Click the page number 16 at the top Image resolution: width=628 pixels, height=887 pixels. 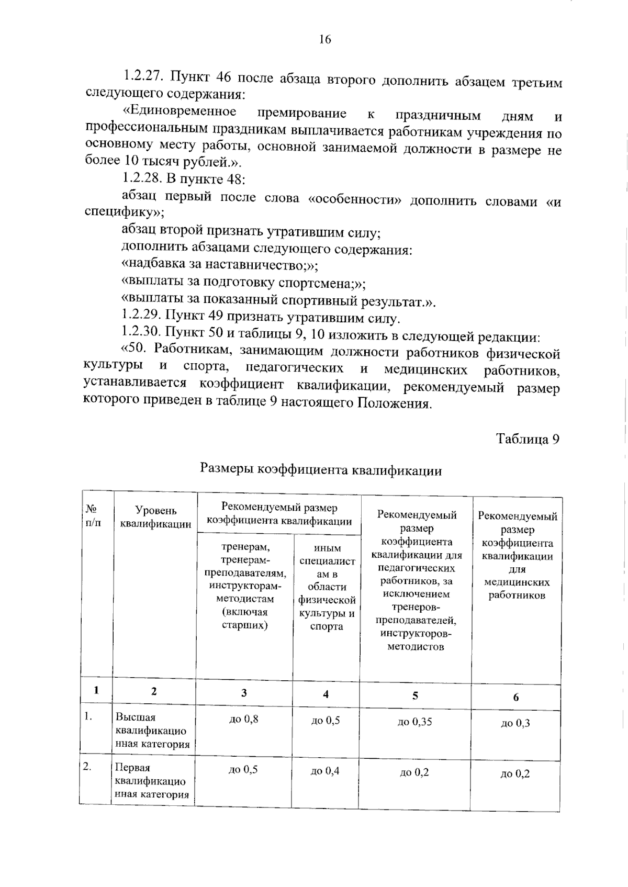324,40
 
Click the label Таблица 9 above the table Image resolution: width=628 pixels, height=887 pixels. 528,439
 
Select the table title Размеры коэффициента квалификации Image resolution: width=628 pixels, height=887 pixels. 321,470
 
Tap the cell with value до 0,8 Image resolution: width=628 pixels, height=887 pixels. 244,719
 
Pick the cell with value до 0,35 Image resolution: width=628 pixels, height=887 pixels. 415,722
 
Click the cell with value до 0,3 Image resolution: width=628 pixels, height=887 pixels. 515,723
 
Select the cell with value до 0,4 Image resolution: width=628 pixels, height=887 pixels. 325,771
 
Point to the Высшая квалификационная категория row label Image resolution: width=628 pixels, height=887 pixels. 152,731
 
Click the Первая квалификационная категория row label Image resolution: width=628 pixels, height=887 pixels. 151,781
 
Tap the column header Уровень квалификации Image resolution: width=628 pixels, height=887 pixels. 155,517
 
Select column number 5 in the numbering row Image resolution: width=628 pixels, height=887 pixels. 415,695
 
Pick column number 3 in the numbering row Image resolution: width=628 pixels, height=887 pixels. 244,693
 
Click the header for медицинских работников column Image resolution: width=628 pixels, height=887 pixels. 517,556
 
